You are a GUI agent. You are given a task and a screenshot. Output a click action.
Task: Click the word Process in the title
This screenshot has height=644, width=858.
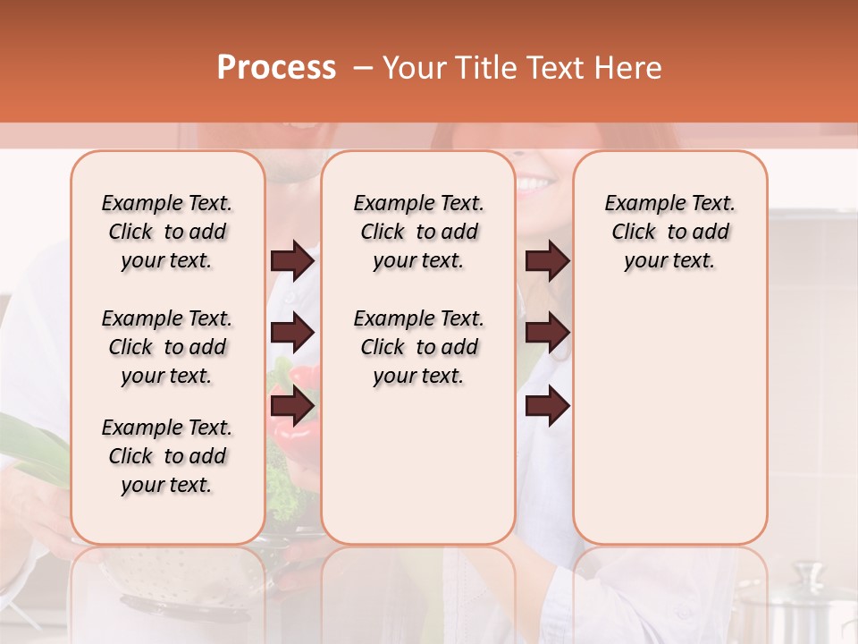276,68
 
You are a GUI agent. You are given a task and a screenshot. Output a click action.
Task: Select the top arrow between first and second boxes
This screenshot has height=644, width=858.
292,260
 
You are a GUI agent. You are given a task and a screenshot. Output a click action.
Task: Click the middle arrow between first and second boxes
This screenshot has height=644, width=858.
292,333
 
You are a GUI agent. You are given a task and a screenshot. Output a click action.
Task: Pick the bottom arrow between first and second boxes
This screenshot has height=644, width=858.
292,407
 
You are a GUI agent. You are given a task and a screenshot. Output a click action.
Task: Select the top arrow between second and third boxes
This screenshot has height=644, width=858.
547,260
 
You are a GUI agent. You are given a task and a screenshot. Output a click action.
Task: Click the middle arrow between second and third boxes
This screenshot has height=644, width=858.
547,333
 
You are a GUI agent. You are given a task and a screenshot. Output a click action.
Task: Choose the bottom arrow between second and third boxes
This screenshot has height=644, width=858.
547,407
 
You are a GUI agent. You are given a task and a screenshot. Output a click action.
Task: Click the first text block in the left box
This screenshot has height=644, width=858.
167,232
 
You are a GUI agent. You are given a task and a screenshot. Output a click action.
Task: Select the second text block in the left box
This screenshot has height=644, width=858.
167,347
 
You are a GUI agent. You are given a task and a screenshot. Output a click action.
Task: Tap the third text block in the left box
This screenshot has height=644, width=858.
167,456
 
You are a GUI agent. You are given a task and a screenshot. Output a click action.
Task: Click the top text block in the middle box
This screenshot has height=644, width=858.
418,232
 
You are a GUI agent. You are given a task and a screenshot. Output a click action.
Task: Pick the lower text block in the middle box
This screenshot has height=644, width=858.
418,347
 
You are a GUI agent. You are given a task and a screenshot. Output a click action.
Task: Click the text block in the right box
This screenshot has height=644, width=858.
669,232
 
